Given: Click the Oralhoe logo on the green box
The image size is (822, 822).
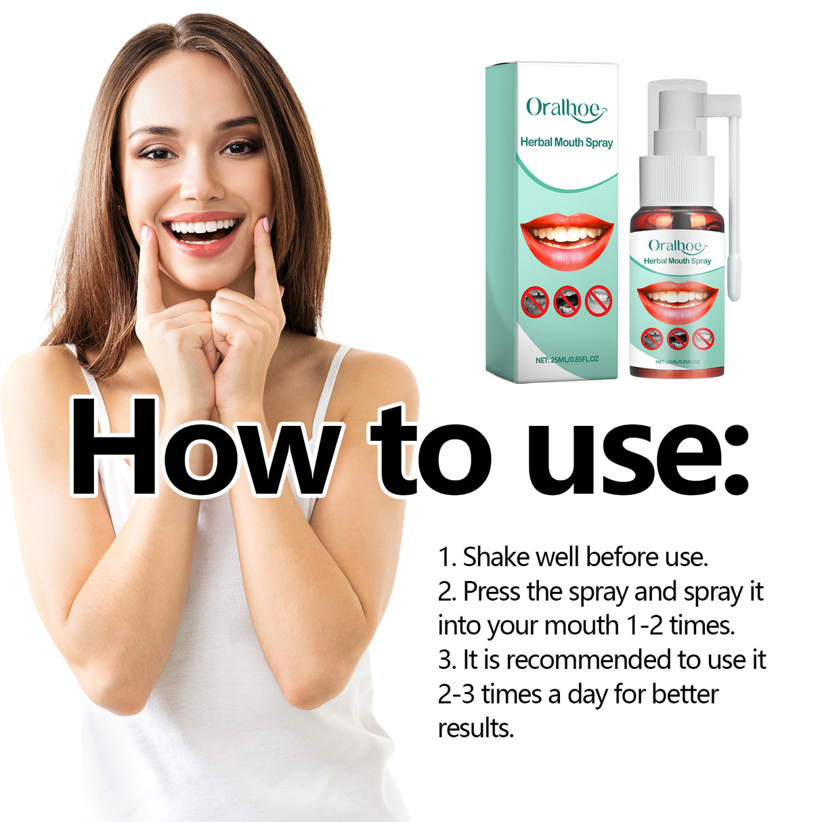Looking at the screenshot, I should tap(566, 108).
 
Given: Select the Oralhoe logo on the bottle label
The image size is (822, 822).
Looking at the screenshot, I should tap(676, 246).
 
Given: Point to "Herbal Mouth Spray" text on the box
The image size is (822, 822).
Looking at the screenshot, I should tap(566, 142).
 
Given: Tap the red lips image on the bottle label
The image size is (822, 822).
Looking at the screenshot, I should tap(677, 300).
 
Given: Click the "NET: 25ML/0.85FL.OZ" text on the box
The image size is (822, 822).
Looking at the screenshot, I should tap(567, 360).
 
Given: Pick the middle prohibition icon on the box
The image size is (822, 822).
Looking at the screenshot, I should tap(567, 301).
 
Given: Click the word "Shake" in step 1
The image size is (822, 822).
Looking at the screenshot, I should tap(496, 557).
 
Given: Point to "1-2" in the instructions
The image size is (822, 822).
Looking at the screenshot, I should tap(645, 626).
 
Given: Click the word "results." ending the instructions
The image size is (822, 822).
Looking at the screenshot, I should tap(476, 729).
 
